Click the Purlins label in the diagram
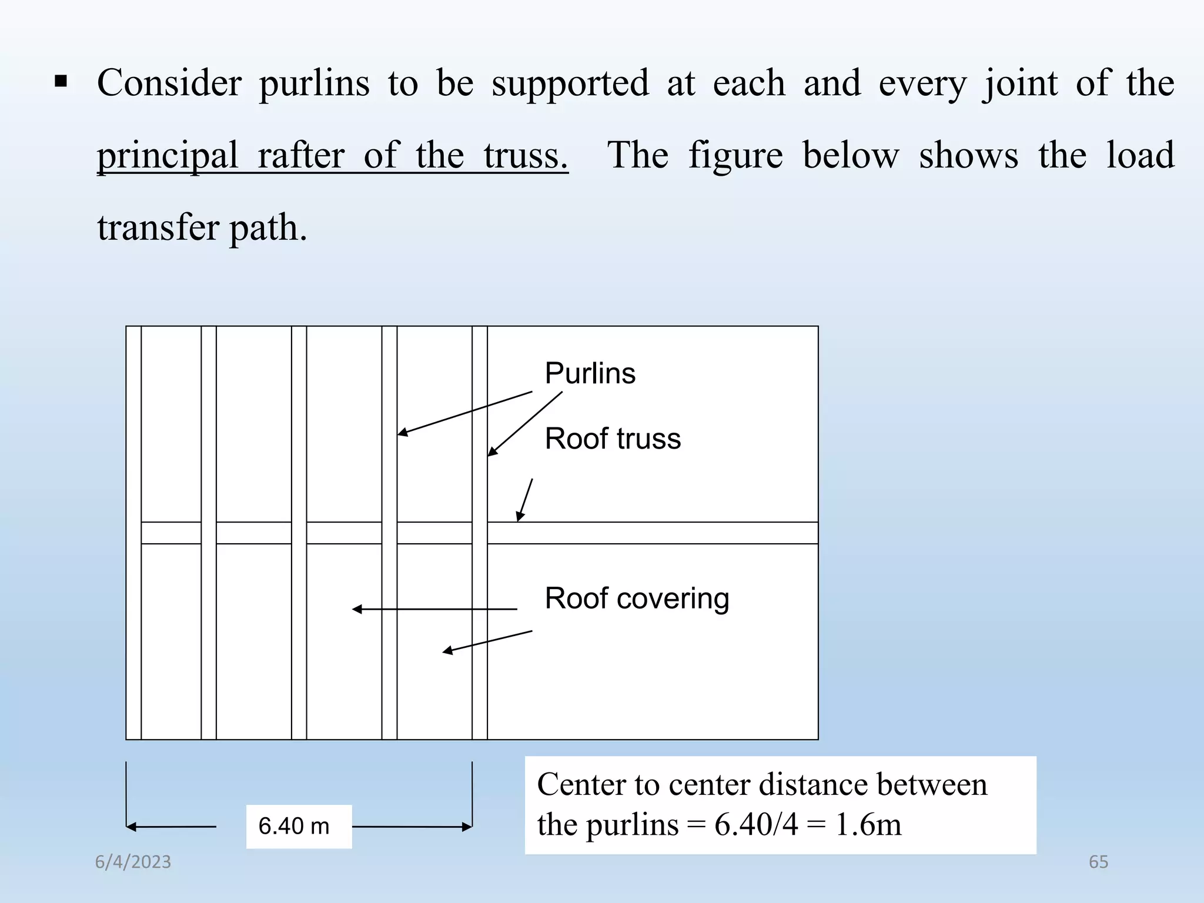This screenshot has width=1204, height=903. tap(590, 373)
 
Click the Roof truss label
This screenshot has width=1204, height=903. tap(613, 439)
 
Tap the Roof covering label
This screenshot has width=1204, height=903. tap(637, 598)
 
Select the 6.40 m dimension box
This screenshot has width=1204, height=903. tap(299, 826)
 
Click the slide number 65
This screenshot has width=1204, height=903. tap(1098, 862)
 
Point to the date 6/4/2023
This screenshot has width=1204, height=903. tap(133, 862)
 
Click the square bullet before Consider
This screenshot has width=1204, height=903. tap(61, 81)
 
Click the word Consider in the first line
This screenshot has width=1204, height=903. tap(169, 83)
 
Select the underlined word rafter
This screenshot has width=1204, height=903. tap(300, 156)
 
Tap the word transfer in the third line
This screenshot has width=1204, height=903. tap(158, 228)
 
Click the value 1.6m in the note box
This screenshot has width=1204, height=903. tap(868, 824)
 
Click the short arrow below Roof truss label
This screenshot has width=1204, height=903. tap(524, 500)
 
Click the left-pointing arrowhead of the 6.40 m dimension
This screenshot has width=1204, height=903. tap(131, 827)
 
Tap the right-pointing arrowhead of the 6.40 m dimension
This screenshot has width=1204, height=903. tap(467, 827)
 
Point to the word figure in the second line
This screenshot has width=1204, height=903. tap(735, 156)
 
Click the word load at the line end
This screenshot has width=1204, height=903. tap(1140, 156)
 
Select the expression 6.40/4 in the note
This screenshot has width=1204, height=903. tap(756, 824)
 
